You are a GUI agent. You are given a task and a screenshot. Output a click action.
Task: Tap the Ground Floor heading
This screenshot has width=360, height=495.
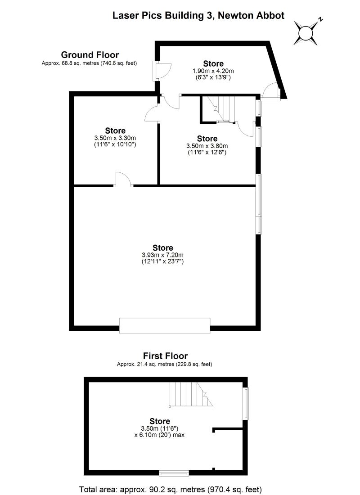tap(90, 55)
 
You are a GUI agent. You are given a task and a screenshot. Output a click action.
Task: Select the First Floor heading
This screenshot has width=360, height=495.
tap(165, 356)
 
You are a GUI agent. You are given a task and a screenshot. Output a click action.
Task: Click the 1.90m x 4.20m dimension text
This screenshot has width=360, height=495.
tap(213, 71)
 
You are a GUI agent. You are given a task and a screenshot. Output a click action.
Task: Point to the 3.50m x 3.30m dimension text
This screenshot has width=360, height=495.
tap(115, 138)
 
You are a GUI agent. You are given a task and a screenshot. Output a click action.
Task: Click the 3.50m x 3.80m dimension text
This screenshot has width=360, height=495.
tap(207, 146)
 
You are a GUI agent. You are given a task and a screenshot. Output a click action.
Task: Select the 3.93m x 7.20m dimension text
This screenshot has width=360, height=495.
tap(162, 255)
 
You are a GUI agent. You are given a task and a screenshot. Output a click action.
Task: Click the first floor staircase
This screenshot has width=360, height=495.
tap(187, 393)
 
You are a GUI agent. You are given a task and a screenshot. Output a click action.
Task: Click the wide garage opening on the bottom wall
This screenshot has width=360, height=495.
tap(165, 324)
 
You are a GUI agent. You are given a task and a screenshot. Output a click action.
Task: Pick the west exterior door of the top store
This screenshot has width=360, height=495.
tap(161, 70)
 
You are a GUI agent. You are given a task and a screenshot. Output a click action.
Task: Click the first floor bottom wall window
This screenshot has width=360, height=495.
tap(174, 473)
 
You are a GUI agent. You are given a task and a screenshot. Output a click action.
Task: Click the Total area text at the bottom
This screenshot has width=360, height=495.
tap(171, 489)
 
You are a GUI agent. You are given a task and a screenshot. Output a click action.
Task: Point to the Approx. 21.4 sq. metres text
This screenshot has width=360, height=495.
tap(165, 364)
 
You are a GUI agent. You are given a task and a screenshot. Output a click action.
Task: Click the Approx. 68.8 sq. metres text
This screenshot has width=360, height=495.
tap(89, 63)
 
